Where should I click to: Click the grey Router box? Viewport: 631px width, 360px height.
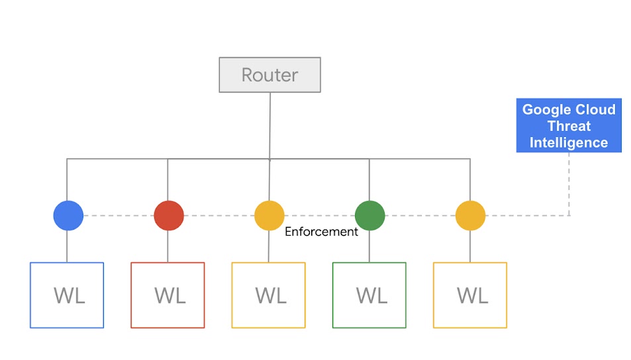269,75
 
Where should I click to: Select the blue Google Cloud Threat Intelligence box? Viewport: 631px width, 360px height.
569,126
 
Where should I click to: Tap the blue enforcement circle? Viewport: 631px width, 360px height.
68,216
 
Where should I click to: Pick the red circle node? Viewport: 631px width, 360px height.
169,216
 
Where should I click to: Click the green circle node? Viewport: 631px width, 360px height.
369,216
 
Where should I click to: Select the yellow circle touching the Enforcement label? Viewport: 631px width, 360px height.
269,216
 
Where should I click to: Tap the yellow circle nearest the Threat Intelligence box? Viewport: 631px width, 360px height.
470,216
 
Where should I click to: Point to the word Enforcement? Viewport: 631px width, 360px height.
321,232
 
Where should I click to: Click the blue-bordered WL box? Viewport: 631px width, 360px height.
67,295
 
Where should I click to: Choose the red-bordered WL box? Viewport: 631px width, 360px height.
168,295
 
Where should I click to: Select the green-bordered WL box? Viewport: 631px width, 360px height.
369,295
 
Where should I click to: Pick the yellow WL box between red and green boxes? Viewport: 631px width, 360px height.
268,295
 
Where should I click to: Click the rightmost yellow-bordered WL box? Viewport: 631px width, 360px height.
470,295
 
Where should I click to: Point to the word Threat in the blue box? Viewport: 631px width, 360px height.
569,126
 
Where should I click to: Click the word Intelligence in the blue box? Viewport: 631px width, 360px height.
569,142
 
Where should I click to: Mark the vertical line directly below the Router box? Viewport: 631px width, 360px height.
269,126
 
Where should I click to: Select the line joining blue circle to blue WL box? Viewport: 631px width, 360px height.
67,246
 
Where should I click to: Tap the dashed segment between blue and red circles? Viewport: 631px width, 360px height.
119,216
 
